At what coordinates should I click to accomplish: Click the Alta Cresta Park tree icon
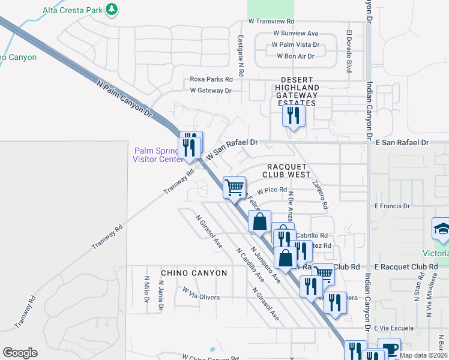coord(110,10)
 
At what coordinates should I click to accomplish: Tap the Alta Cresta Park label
coord(71,10)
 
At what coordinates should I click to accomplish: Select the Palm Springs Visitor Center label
coord(157,155)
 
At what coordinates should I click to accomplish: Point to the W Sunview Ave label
coord(295,34)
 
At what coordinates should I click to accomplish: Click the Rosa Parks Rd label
coord(211,79)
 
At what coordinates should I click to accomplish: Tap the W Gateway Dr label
coord(211,91)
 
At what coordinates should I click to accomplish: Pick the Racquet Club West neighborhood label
coord(286,170)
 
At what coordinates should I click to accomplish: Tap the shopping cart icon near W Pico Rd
coord(234,187)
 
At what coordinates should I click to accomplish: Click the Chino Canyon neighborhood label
coord(194,273)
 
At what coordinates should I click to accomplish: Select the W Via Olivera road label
coord(201,297)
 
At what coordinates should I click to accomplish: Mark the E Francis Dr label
coord(391,206)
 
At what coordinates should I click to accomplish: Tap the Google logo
coord(20,353)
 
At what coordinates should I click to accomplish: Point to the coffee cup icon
coord(389,349)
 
